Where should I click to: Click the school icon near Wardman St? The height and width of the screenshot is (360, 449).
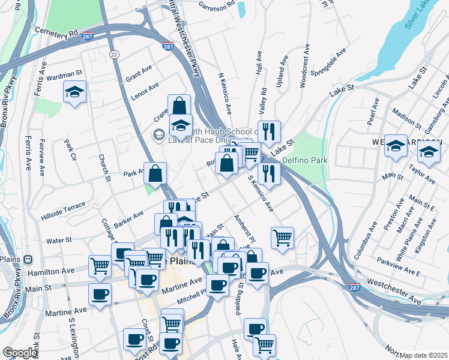point(74,92)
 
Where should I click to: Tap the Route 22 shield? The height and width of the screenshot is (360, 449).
point(114,54)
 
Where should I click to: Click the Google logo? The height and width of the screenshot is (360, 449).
point(20,353)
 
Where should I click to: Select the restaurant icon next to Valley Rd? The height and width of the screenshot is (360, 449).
point(269,131)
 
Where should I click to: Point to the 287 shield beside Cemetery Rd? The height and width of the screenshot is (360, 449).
point(88,36)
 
